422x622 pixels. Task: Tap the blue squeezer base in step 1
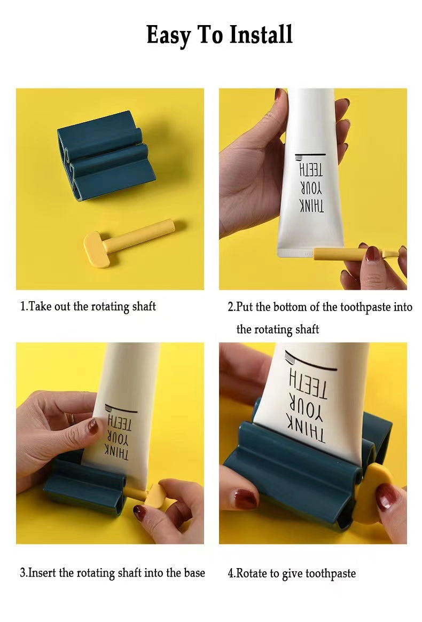106,156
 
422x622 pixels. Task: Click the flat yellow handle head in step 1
97,250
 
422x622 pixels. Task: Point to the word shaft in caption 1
144,306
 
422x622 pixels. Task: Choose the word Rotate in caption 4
252,573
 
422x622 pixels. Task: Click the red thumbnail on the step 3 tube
93,426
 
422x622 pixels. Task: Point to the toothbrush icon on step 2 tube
310,156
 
